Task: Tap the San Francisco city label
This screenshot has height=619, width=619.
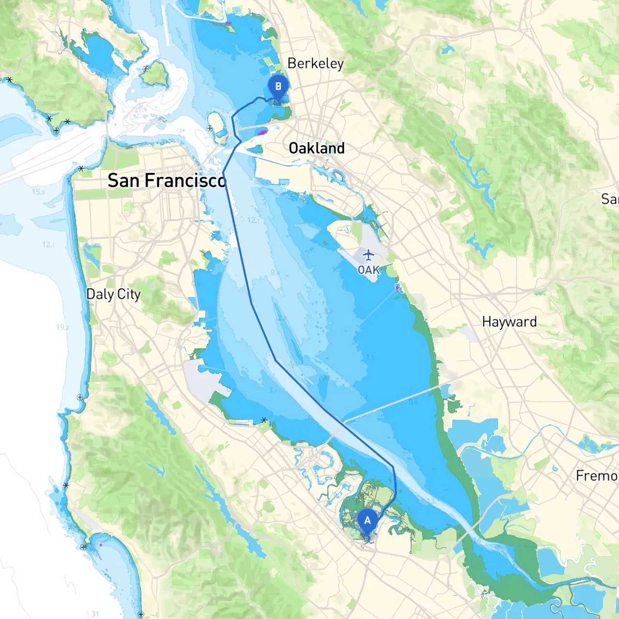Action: click(167, 180)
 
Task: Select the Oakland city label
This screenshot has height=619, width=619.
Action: click(317, 148)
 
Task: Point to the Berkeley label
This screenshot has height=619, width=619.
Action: click(315, 63)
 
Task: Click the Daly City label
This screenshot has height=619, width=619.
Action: click(113, 294)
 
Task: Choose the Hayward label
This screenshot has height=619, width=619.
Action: click(509, 322)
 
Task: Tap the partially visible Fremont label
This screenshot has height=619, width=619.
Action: click(597, 476)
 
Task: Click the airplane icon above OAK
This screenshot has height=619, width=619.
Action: click(368, 255)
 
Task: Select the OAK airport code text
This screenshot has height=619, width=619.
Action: click(368, 270)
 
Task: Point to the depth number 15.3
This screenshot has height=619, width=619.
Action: click(38, 192)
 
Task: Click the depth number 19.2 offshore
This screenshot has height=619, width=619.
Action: click(62, 327)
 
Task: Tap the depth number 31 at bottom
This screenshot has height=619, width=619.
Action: click(95, 614)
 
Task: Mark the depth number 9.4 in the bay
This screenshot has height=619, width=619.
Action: click(275, 273)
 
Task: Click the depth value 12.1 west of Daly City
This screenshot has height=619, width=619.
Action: click(48, 245)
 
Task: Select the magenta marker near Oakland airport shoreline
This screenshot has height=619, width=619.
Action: click(398, 288)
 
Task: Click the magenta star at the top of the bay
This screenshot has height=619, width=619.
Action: click(228, 23)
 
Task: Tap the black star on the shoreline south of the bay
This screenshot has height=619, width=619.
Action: click(264, 420)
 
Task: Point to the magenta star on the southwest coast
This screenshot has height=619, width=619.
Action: click(101, 545)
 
